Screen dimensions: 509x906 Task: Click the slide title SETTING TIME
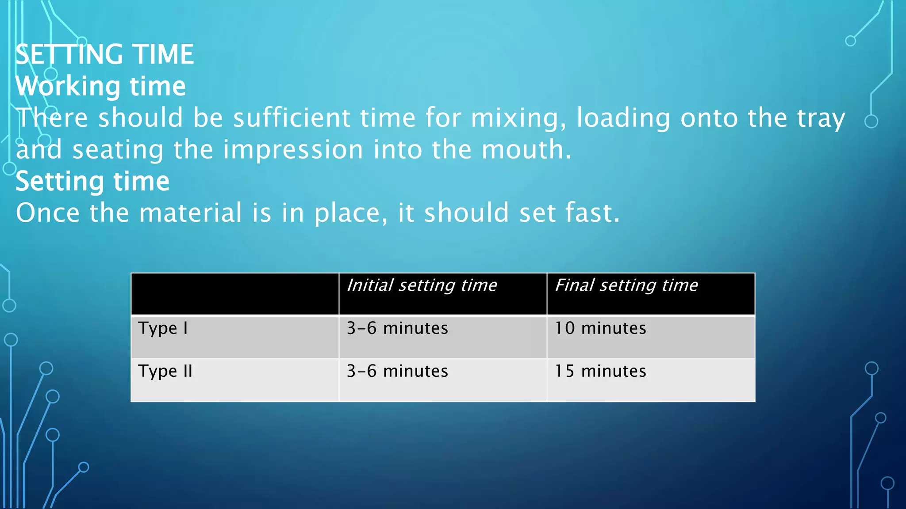click(x=105, y=54)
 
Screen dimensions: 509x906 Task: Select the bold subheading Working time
click(x=101, y=86)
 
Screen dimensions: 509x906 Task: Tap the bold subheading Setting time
click(x=92, y=182)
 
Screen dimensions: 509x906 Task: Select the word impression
click(x=293, y=150)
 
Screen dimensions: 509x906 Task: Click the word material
click(x=190, y=213)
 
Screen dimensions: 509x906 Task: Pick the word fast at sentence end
click(x=592, y=213)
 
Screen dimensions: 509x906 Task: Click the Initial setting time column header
click(x=422, y=285)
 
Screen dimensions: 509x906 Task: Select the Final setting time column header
click(x=626, y=285)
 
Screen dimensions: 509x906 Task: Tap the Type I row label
click(x=163, y=329)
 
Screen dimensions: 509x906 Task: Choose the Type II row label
click(x=165, y=372)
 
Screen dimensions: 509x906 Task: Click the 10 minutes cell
click(x=600, y=328)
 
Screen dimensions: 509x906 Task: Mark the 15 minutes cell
click(x=600, y=371)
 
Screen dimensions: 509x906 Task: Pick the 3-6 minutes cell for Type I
click(x=397, y=328)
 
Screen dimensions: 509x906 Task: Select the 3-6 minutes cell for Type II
click(x=397, y=371)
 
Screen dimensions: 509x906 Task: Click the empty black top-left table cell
click(x=235, y=294)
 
